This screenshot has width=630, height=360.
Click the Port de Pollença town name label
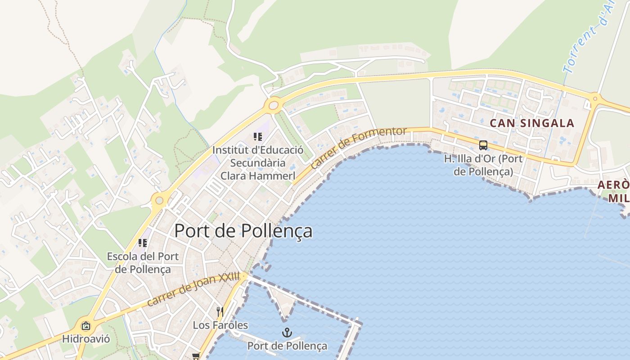tap(243, 231)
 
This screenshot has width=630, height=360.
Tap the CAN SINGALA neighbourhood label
tap(532, 123)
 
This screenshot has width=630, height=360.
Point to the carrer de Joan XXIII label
tap(193, 290)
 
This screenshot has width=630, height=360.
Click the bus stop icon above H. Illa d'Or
tap(483, 145)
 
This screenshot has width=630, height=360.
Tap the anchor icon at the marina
tap(287, 333)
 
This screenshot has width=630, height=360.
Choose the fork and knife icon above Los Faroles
tap(220, 311)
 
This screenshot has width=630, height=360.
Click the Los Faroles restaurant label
tap(220, 325)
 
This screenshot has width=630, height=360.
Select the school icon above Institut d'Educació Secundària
tap(257, 137)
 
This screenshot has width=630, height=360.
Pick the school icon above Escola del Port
tap(143, 243)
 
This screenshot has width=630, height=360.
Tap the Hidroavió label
tap(86, 338)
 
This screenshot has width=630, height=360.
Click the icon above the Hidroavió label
tap(86, 326)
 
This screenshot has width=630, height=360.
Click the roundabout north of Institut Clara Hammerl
tap(273, 106)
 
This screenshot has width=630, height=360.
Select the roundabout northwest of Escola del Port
tap(158, 199)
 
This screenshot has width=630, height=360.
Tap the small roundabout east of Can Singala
tap(595, 98)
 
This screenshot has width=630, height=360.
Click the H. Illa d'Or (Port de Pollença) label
tap(483, 165)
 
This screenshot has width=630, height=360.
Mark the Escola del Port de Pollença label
tap(143, 263)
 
